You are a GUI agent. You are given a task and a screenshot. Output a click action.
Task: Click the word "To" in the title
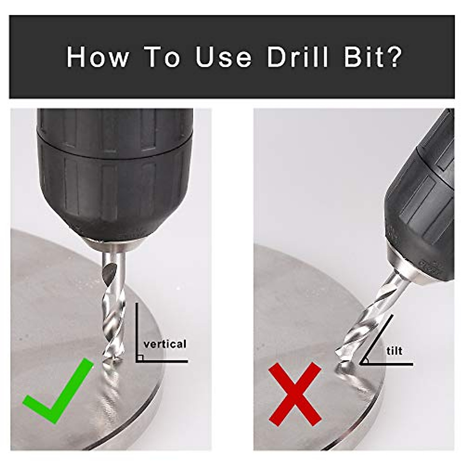pyautogui.click(x=162, y=57)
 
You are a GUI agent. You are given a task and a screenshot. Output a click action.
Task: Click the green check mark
pyautogui.click(x=58, y=391)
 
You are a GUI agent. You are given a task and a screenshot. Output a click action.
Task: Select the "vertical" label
pyautogui.click(x=165, y=344)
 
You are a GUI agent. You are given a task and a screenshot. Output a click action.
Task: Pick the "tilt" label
pyautogui.click(x=394, y=351)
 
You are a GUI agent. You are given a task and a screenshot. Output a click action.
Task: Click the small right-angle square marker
pyautogui.click(x=140, y=358)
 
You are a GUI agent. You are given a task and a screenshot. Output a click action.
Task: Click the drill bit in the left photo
pyautogui.click(x=113, y=305)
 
